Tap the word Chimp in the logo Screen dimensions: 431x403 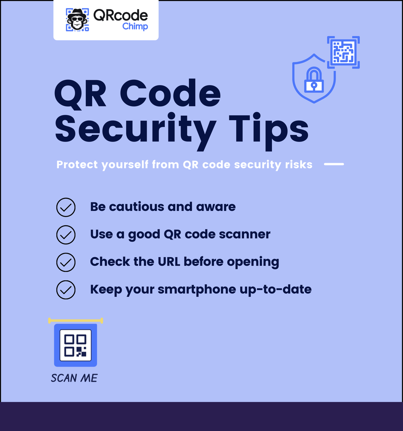[135, 27]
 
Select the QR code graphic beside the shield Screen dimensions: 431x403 [343, 52]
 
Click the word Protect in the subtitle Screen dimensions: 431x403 [77, 165]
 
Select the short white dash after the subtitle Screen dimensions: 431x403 [334, 164]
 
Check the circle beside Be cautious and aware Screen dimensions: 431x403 [66, 208]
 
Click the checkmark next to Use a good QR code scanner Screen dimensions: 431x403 [66, 235]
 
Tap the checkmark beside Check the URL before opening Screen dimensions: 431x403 [66, 262]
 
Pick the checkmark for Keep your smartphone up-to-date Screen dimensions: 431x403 [66, 289]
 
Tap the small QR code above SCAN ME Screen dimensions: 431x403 [76, 346]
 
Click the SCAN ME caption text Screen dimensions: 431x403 [74, 378]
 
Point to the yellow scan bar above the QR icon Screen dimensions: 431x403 [75, 321]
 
